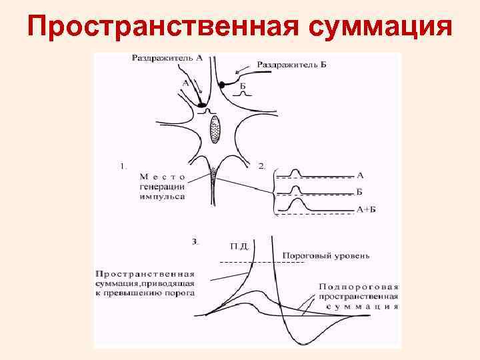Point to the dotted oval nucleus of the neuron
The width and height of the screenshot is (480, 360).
(x=215, y=129)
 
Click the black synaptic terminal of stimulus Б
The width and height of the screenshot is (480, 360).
(x=224, y=85)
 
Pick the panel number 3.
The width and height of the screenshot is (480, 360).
(x=195, y=242)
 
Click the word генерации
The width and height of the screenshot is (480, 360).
(x=162, y=187)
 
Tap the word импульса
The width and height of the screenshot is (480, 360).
(x=161, y=198)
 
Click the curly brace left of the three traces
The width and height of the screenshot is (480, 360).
(x=273, y=193)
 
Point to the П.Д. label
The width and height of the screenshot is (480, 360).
(x=239, y=246)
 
